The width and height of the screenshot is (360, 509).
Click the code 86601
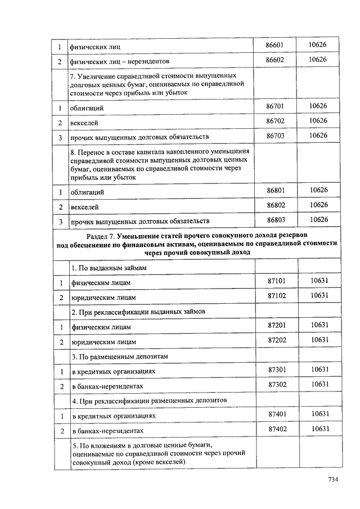click(x=276, y=45)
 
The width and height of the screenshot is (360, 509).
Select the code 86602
click(x=276, y=60)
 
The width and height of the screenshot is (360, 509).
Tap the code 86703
click(x=276, y=136)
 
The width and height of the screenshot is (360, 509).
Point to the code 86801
click(x=276, y=191)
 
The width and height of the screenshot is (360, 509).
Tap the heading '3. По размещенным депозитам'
click(x=119, y=357)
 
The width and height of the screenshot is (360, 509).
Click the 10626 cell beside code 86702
click(x=319, y=120)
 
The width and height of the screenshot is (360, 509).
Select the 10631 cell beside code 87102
click(x=319, y=295)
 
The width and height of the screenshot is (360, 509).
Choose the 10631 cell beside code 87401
click(x=319, y=414)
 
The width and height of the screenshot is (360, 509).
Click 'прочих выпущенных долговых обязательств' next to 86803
click(x=139, y=221)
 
